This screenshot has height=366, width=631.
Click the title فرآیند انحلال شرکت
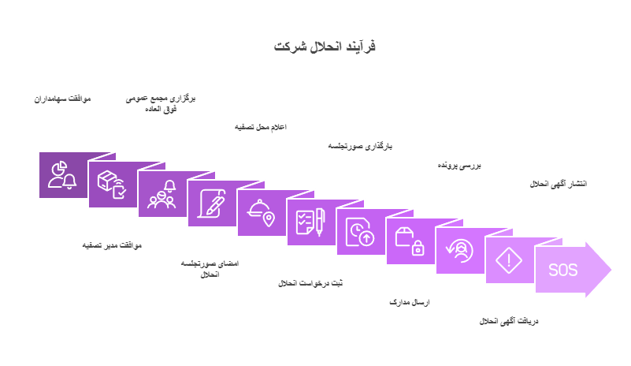click(x=325, y=46)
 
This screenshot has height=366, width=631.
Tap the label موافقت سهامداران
click(x=62, y=99)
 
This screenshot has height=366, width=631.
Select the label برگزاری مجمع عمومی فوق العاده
click(x=161, y=103)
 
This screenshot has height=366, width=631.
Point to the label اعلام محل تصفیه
click(x=261, y=127)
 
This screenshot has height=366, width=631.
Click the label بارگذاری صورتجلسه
click(x=360, y=146)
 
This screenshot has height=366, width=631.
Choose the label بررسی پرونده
click(x=459, y=166)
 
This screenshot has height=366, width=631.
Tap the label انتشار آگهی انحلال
click(x=559, y=184)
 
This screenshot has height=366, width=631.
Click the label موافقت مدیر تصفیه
click(x=112, y=245)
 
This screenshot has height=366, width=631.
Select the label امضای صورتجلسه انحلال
click(x=210, y=269)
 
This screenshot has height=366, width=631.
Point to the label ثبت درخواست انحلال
click(x=310, y=283)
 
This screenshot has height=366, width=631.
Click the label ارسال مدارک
click(x=410, y=302)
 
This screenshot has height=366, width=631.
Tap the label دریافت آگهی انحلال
click(x=509, y=321)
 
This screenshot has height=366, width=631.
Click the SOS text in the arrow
click(x=563, y=270)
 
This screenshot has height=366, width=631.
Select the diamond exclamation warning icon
click(x=509, y=260)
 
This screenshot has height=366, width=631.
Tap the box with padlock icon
click(x=410, y=241)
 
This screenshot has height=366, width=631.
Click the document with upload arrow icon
click(x=360, y=232)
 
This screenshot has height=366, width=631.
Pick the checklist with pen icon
click(x=310, y=222)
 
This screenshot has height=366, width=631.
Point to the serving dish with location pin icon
click(x=261, y=213)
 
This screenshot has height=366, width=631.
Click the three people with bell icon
click(x=161, y=194)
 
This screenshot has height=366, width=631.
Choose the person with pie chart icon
click(x=62, y=175)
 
